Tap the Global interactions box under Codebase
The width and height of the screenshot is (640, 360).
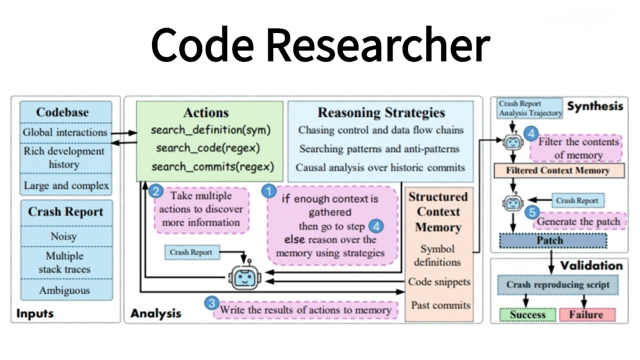(65, 132)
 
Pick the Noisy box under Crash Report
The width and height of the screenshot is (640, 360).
(63, 236)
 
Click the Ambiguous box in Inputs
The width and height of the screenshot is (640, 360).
(64, 291)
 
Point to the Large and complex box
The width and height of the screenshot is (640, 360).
(66, 186)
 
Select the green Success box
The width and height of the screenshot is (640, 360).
(527, 314)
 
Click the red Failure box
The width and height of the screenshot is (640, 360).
(585, 314)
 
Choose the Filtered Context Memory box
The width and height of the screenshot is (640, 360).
(557, 171)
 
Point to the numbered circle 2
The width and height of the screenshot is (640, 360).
(156, 190)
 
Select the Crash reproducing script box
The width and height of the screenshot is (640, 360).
(557, 284)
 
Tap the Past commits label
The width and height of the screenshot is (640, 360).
(441, 305)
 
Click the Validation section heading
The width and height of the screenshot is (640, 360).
(591, 265)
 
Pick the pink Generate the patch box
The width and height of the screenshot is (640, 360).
(579, 221)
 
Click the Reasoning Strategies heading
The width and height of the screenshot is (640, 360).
(381, 113)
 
